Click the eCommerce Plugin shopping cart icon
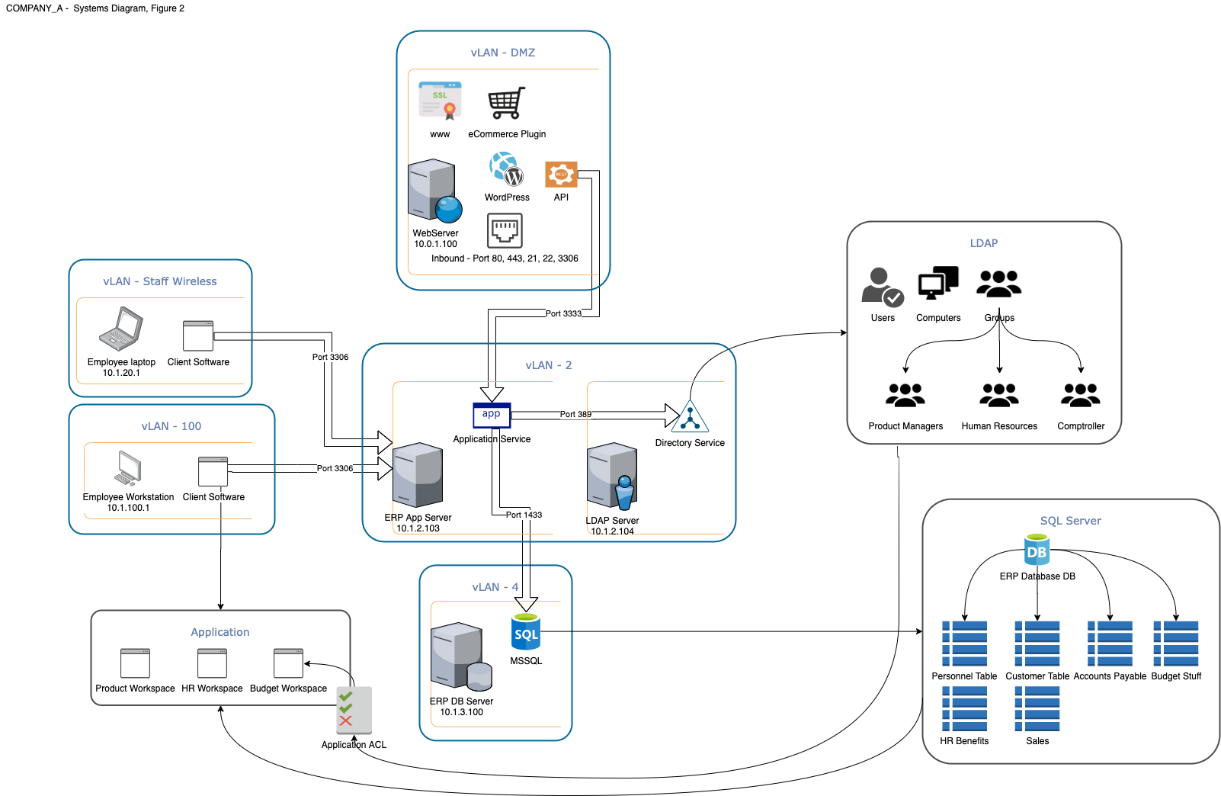point(507,103)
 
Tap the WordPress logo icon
point(507,169)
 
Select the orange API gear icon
point(561,175)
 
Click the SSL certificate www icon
point(440,101)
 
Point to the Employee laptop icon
point(121,329)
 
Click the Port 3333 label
point(563,313)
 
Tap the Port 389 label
point(575,415)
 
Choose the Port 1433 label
point(524,515)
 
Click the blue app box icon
point(492,415)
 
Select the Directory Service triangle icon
point(690,417)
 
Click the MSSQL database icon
point(526,632)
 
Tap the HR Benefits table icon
point(964,708)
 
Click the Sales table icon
point(1037,708)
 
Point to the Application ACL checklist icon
point(354,710)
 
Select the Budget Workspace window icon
point(288,663)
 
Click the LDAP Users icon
point(882,287)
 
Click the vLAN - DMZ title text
point(503,53)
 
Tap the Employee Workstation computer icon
point(128,468)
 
